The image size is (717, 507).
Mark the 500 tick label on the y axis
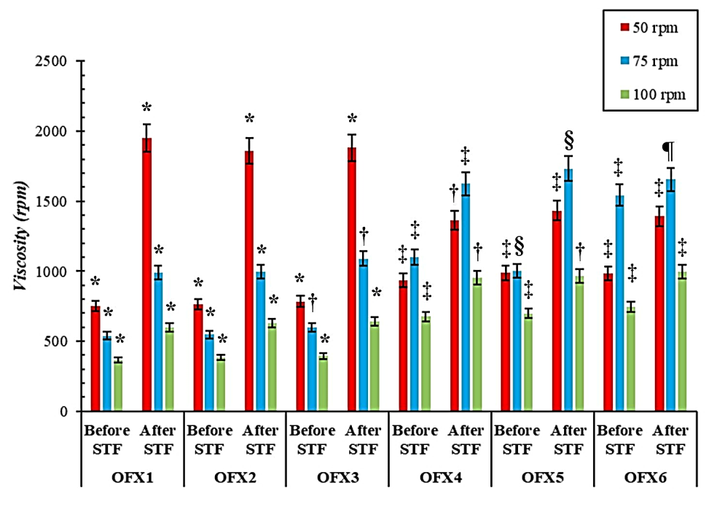(58, 342)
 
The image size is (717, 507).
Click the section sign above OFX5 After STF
(570, 139)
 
